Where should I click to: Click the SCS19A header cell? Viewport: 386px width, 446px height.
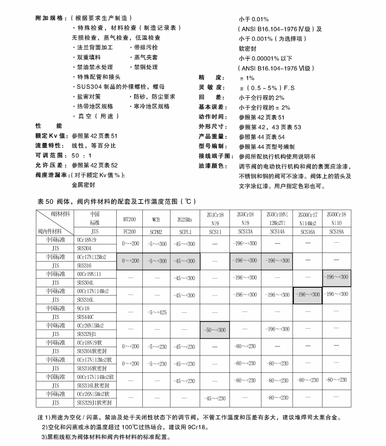pos(336,231)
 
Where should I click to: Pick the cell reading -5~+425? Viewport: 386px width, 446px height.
pos(156,312)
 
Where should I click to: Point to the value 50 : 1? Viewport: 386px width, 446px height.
pos(81,155)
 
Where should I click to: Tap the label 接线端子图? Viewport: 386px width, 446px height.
pos(215,156)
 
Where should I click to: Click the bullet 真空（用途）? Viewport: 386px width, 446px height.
pos(94,116)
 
